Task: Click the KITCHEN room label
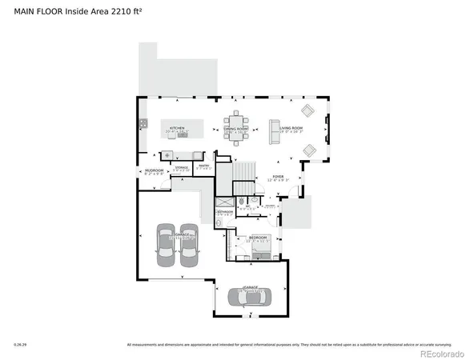[x=177, y=128]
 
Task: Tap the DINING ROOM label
[x=235, y=128]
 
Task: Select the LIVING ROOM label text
[x=291, y=128]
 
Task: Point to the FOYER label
[x=278, y=177]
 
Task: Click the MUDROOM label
[x=154, y=171]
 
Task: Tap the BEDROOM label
[x=258, y=238]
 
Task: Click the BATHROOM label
[x=225, y=212]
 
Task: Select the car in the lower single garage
[x=250, y=298]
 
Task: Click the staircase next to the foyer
[x=243, y=170]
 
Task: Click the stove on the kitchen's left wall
[x=143, y=124]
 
